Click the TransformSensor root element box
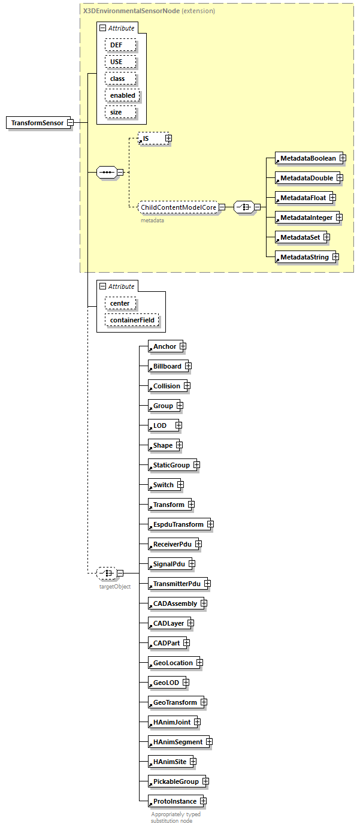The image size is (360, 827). (37, 123)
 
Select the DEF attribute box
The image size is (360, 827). (120, 45)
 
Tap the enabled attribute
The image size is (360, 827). (122, 95)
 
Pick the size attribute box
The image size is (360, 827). (120, 112)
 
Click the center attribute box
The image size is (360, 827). (120, 303)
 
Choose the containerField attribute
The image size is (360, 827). (132, 320)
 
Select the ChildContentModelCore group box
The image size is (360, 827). (178, 207)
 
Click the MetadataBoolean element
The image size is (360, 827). (308, 158)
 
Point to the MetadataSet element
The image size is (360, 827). (299, 237)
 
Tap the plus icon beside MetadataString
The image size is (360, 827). (335, 257)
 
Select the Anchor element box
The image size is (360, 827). (165, 346)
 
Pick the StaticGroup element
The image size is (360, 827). (171, 465)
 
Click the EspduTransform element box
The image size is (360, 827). (178, 524)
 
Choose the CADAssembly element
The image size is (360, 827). (174, 603)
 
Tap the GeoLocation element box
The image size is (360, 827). (173, 663)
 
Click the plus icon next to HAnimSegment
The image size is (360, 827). (209, 742)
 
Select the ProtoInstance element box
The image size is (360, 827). (174, 801)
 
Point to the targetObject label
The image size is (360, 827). (114, 586)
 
